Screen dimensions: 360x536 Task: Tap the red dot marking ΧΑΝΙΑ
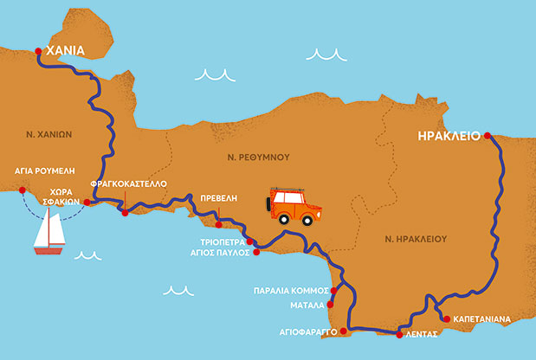pos(38,52)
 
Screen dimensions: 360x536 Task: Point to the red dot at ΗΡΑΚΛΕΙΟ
pos(488,136)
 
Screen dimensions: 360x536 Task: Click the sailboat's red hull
pos(48,252)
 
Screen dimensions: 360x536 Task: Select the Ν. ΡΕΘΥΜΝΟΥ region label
pos(258,157)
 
